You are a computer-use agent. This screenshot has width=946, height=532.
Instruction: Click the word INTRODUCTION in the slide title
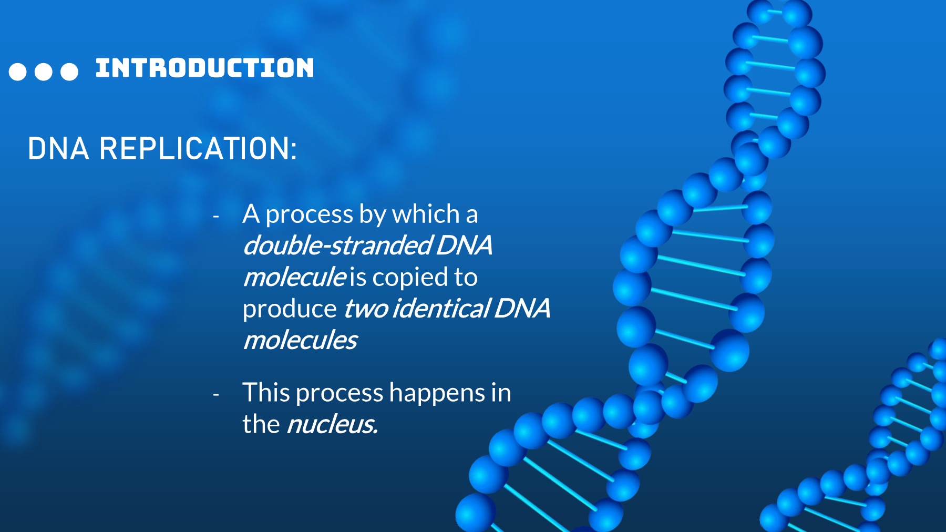click(204, 68)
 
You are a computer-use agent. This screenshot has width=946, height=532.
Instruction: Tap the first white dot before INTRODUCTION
click(18, 71)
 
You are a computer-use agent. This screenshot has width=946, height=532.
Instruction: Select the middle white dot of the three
click(44, 71)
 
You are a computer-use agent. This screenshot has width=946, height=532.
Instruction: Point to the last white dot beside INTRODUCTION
click(69, 71)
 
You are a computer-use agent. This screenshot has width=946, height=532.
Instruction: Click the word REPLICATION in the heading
click(198, 148)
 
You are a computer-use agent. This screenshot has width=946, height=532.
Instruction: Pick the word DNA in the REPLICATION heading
click(58, 148)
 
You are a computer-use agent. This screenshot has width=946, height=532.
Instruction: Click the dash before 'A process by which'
click(216, 216)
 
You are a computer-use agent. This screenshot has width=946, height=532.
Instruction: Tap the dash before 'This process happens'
click(216, 394)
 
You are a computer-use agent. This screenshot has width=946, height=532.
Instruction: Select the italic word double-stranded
click(338, 245)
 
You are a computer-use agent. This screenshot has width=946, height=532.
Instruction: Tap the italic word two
click(367, 309)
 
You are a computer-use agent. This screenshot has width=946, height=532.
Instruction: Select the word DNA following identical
click(522, 309)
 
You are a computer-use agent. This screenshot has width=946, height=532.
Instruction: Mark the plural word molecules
click(301, 340)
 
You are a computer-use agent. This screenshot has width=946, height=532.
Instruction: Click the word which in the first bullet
click(426, 214)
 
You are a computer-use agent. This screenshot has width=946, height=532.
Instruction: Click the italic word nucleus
click(332, 424)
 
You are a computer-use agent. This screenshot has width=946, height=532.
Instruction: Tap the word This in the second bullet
click(268, 393)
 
